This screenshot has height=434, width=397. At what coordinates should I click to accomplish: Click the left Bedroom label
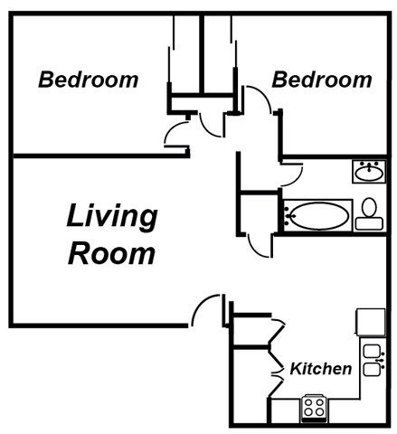point(88,80)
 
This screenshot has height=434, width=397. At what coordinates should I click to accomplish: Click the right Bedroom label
point(321,80)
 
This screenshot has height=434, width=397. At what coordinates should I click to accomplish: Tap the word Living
point(111,217)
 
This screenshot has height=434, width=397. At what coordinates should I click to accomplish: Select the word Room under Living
point(111,252)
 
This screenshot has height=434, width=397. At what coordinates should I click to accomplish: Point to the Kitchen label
point(320,369)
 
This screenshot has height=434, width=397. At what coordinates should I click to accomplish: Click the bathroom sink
point(367,171)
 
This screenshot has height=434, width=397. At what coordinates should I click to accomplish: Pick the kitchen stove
point(314,408)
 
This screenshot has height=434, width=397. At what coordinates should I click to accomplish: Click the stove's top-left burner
point(308,402)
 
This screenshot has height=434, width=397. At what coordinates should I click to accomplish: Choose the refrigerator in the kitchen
point(370,321)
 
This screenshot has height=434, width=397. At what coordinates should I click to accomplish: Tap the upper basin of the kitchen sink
point(371,352)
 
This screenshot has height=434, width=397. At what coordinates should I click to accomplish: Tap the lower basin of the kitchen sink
point(371,368)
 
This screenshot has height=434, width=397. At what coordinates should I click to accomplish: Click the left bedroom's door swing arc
point(172,136)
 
